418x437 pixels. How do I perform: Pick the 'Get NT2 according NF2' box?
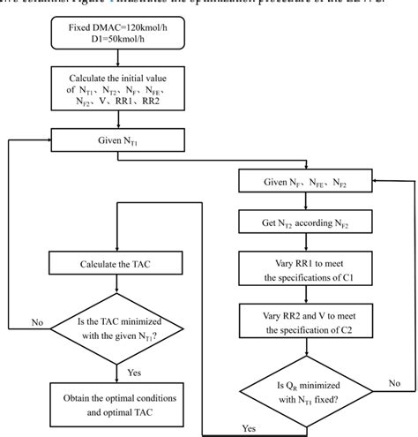click(x=305, y=224)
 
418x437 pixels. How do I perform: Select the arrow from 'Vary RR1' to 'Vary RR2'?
click(x=305, y=295)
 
